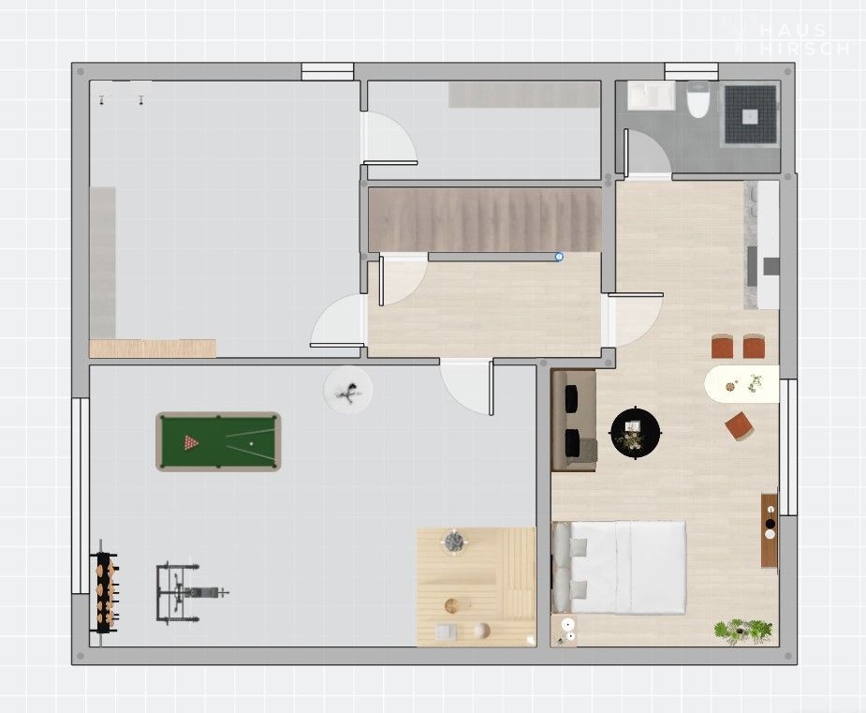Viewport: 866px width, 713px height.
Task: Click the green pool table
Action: click(218, 441)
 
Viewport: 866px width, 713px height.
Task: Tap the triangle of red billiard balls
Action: click(191, 442)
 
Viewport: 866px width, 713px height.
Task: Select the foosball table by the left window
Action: click(106, 586)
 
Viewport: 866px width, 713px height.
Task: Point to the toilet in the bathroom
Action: click(697, 99)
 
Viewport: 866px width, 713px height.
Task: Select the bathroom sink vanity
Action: click(651, 95)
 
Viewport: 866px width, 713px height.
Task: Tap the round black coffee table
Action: click(636, 432)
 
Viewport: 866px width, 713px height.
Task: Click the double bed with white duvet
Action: click(619, 567)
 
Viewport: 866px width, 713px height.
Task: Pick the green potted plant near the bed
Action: click(742, 631)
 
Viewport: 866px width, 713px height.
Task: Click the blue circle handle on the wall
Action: click(559, 257)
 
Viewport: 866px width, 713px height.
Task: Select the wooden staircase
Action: click(485, 219)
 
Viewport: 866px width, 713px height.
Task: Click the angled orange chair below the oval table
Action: click(740, 425)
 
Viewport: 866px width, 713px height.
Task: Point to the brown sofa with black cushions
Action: click(574, 421)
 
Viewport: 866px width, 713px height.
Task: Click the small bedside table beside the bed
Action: click(565, 631)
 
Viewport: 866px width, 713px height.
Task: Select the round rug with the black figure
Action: click(348, 390)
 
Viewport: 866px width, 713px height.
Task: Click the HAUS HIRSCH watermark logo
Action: click(795, 38)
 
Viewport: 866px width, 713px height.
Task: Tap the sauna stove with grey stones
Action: click(455, 541)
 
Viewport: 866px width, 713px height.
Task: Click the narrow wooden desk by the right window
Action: click(770, 530)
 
